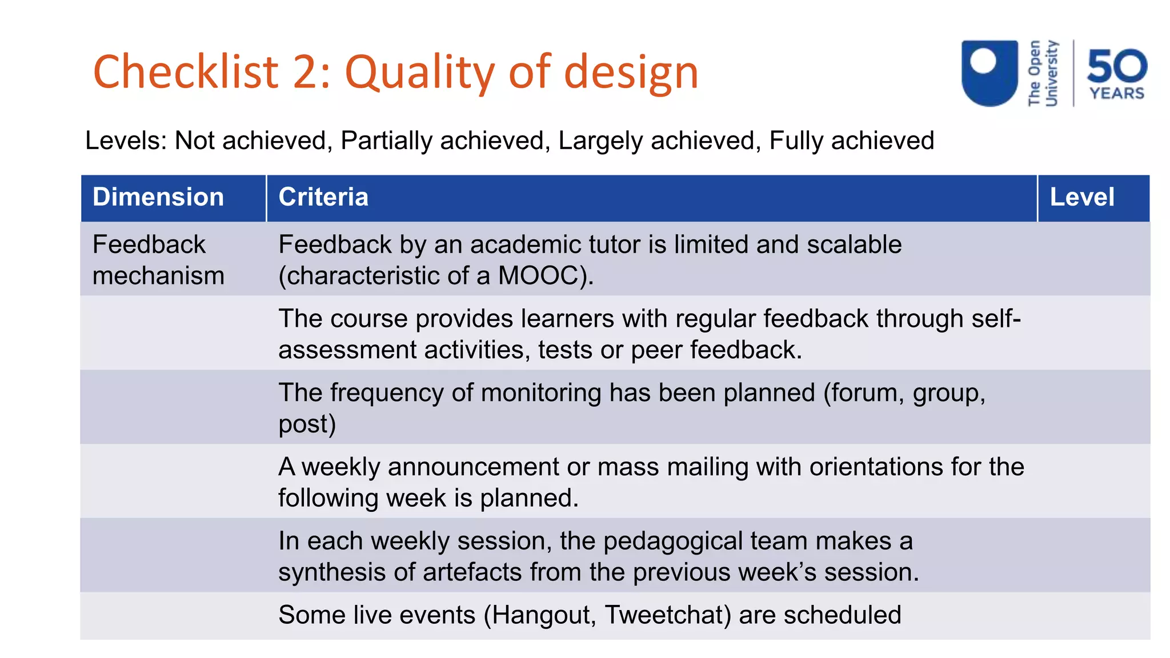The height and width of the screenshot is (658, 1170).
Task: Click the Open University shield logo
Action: tap(989, 73)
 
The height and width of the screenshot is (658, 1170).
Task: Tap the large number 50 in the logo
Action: tap(1117, 66)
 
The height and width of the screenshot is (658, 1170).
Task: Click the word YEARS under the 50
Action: tap(1117, 93)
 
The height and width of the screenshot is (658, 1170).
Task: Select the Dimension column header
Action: tap(158, 197)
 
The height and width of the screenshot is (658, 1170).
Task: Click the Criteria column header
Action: tap(323, 197)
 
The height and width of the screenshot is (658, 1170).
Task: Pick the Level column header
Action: tap(1082, 197)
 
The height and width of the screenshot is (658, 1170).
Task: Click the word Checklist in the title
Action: tap(186, 72)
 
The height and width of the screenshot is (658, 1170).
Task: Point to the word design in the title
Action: tap(631, 73)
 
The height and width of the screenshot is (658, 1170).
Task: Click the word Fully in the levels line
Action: tap(796, 141)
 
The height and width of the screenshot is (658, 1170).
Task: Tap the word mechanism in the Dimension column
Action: tap(158, 276)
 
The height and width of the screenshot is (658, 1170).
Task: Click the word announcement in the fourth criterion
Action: tap(474, 467)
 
